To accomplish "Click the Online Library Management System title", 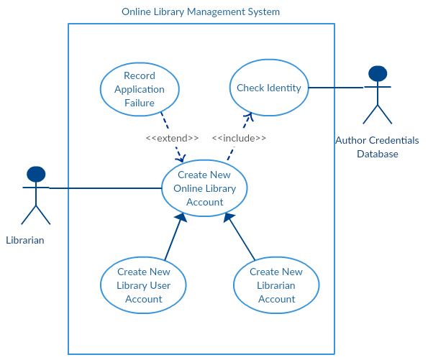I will tap(201, 12).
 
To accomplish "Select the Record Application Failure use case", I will tap(139, 89).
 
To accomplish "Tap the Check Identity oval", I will tap(269, 88).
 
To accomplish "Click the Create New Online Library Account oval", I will tap(204, 188).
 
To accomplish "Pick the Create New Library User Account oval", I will tap(144, 285).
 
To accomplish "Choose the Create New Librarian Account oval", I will tap(276, 285).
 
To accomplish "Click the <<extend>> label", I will tap(172, 138).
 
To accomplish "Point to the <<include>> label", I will tap(239, 138).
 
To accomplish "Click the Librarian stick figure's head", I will tap(35, 174).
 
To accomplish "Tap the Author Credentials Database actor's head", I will tap(377, 73).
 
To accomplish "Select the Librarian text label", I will tap(25, 240).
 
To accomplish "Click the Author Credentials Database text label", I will tap(377, 147).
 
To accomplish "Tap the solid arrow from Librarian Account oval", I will tap(240, 239).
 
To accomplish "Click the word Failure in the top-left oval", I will tap(139, 103).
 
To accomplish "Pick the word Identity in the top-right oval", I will tap(283, 88).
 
